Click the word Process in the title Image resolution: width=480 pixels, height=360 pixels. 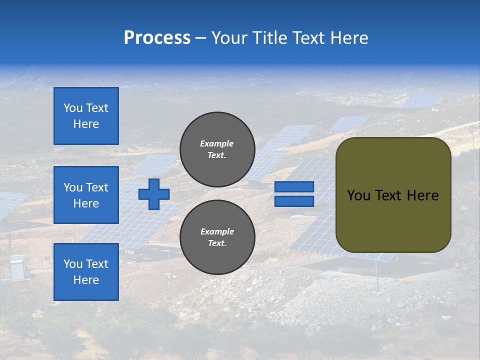click(157, 38)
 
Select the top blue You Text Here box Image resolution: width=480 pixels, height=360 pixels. click(86, 116)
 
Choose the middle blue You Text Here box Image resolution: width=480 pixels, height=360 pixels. click(86, 195)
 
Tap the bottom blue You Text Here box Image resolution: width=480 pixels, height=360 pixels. click(86, 272)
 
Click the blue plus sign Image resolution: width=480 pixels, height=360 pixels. click(154, 194)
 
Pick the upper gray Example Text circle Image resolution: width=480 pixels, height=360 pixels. click(217, 149)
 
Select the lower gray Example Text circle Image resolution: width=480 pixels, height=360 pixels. click(217, 237)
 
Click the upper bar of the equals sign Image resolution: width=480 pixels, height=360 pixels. click(294, 187)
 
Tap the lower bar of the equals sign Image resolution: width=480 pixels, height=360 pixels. click(294, 201)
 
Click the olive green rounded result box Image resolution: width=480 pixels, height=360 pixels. click(393, 220)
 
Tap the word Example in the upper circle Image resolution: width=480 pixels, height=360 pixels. click(217, 144)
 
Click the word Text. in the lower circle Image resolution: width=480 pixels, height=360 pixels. click(217, 243)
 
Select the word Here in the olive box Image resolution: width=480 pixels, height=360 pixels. click(423, 195)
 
